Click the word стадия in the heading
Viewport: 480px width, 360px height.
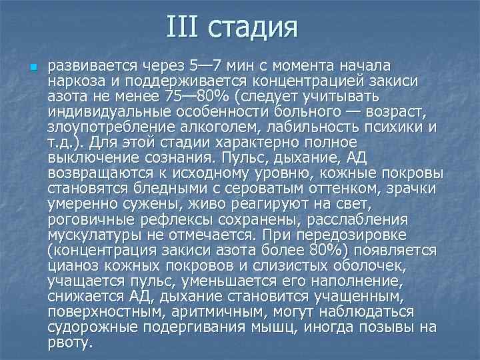(x=252, y=29)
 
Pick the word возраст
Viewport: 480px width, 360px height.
(x=409, y=110)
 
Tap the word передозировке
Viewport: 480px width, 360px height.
(x=373, y=235)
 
